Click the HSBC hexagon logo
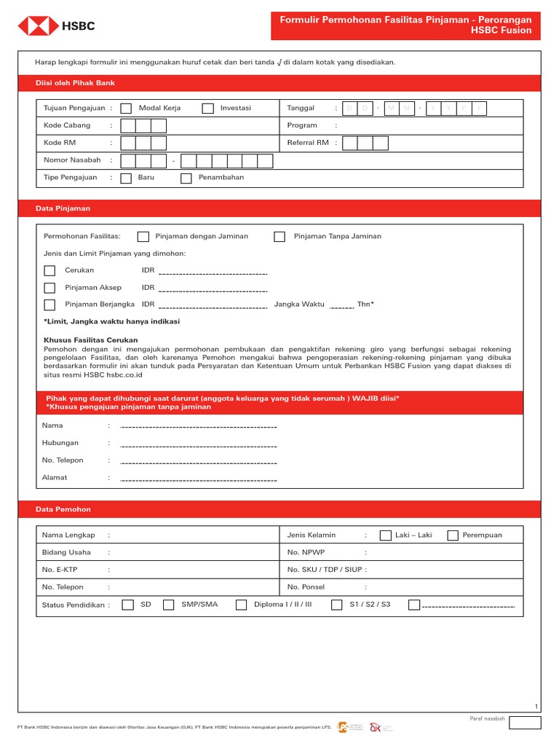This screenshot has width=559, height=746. point(39,26)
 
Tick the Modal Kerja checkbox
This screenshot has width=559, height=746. point(126,109)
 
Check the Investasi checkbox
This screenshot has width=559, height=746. point(208,109)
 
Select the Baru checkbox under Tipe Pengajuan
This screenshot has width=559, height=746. point(126,178)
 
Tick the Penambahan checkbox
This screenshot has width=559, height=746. point(186,178)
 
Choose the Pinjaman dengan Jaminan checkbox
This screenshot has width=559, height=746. point(143,236)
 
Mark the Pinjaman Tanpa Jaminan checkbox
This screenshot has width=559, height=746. point(279,236)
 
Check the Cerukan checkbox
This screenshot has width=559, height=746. point(49,270)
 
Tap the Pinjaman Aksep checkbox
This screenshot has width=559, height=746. point(49,288)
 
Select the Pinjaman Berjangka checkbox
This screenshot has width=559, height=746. point(49,305)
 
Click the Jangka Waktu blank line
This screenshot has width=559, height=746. point(341,307)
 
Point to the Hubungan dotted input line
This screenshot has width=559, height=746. point(198,445)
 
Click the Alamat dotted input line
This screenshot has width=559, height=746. point(198,479)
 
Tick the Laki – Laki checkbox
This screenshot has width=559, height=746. point(385,535)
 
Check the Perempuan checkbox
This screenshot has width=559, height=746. point(453,535)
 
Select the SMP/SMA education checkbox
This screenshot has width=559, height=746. point(169,605)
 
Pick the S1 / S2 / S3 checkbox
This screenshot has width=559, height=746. point(337,605)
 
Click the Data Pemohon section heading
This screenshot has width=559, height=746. point(63,509)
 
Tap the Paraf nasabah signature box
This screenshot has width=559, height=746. point(525,723)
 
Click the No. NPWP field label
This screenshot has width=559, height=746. point(305,552)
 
